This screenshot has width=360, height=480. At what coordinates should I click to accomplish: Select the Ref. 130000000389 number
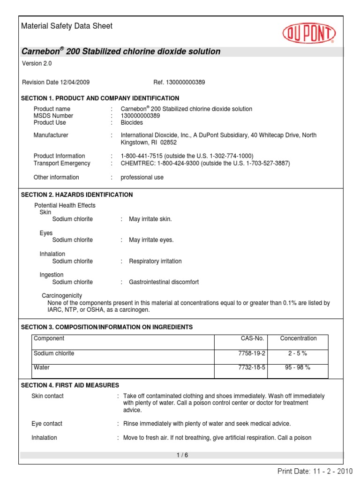point(179,82)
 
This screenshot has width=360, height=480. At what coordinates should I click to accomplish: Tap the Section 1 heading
point(100,98)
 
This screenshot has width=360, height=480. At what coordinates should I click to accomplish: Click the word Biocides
point(132,123)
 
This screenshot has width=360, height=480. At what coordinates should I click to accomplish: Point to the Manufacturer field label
point(51,135)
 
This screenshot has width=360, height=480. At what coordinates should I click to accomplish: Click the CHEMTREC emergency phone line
point(205,163)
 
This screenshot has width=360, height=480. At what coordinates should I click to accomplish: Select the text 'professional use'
point(142,178)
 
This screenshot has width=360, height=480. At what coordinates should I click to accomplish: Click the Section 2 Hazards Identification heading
point(77,195)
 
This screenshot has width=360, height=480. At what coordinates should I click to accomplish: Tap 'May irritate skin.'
point(150,219)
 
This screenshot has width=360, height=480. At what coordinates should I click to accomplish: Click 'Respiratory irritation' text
point(155,261)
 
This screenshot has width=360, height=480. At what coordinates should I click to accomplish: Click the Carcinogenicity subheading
point(62,296)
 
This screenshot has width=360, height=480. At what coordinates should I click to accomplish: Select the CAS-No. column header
point(252,338)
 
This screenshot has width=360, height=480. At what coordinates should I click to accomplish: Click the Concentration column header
point(298,338)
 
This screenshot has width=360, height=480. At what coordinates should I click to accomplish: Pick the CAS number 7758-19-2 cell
point(252,353)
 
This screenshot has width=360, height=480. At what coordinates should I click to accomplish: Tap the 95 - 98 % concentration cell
point(298,367)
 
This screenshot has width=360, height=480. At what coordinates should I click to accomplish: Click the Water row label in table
point(41,367)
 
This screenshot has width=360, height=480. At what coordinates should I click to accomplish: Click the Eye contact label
point(47,424)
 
